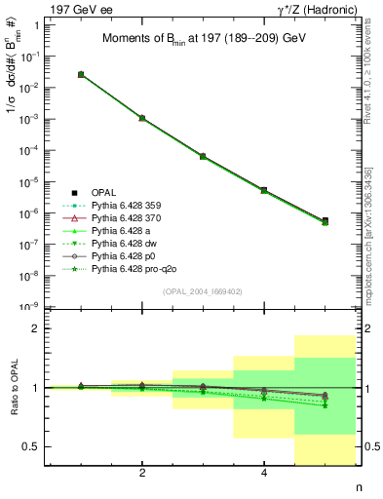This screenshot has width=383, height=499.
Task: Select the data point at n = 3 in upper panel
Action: (203, 156)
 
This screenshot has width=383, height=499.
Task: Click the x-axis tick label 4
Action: (264, 473)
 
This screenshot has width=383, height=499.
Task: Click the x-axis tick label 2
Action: (142, 473)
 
